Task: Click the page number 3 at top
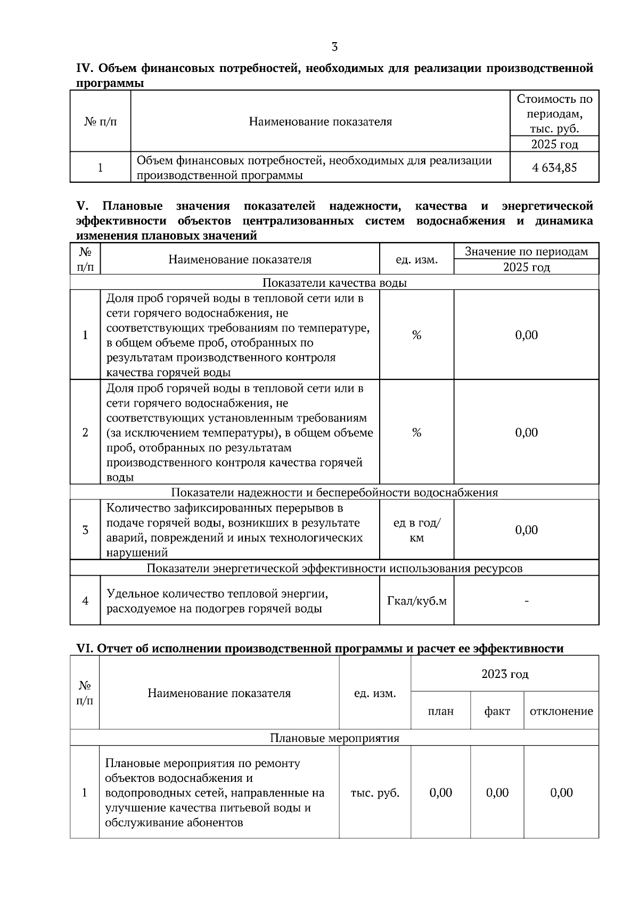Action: [334, 47]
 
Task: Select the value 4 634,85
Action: [554, 168]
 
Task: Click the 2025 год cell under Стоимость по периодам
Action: [554, 144]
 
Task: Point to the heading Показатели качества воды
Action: [334, 283]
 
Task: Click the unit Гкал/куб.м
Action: [416, 601]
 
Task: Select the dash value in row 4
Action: [526, 601]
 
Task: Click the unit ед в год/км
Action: [416, 530]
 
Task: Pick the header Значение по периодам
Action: [526, 252]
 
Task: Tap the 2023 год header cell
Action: [504, 674]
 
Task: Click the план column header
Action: [440, 712]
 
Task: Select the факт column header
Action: [497, 712]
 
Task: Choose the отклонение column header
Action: [561, 712]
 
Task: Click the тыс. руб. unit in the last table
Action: [375, 793]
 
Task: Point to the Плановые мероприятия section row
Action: [334, 738]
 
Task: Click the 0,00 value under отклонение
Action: [561, 793]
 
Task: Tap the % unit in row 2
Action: [416, 433]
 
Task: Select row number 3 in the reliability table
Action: [85, 530]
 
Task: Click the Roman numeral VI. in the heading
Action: [85, 649]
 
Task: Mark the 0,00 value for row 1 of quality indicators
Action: [526, 335]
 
